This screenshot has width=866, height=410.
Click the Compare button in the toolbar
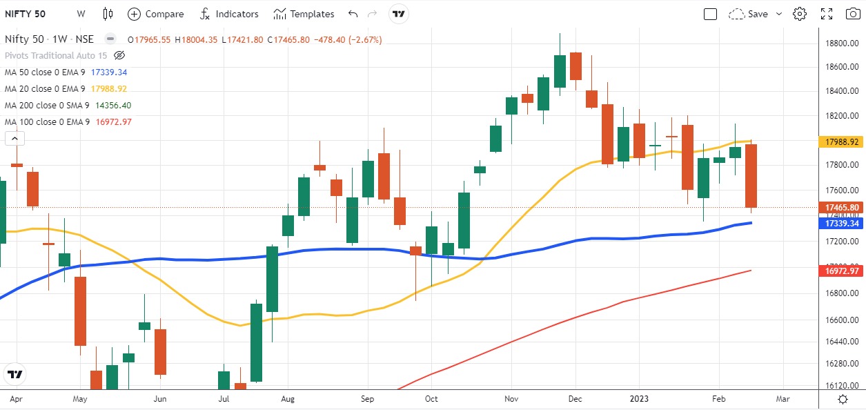(156, 14)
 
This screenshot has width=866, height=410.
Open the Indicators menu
(229, 14)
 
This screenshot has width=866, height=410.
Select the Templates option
(304, 14)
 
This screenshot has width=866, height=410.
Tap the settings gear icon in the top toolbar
(800, 14)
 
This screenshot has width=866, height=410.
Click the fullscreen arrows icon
(827, 14)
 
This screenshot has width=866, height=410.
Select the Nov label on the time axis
(511, 399)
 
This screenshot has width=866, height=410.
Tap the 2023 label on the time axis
(638, 399)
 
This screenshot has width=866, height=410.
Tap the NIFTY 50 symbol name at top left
(26, 14)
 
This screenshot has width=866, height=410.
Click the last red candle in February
(750, 175)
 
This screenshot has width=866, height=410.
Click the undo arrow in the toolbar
(353, 14)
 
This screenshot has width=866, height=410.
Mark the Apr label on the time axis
(15, 399)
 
